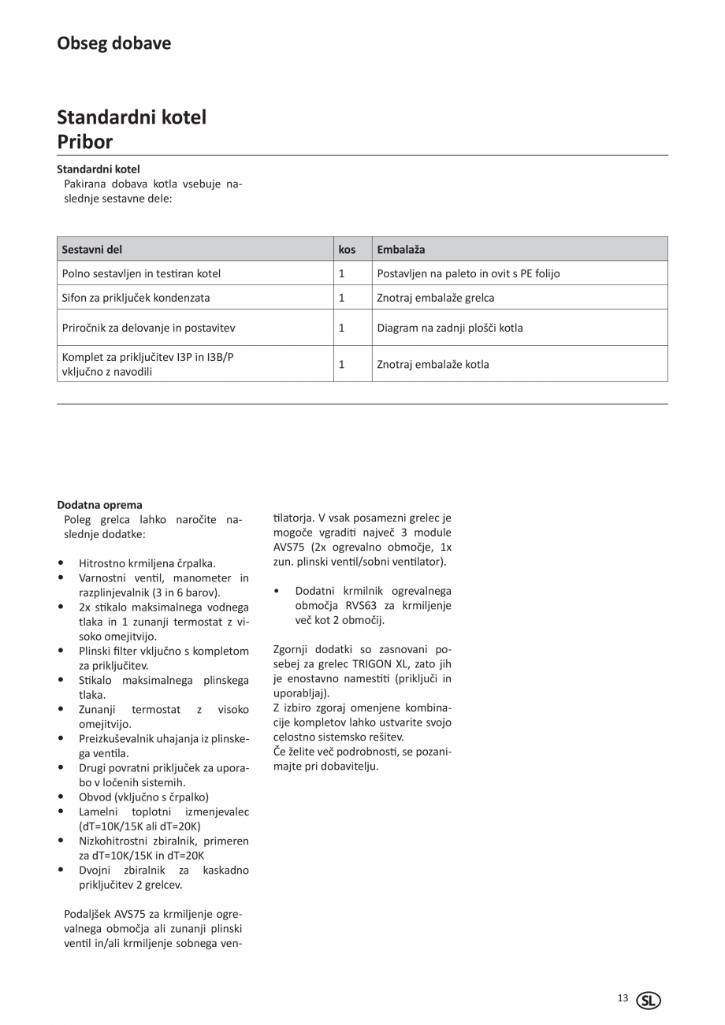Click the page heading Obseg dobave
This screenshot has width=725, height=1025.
coord(113,43)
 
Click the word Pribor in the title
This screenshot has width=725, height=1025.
coord(84,142)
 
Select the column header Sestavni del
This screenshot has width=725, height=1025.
coord(91,250)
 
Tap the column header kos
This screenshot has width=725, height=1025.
coord(347,250)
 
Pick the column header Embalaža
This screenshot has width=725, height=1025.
coord(400,250)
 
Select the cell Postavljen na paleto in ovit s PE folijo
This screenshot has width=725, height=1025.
coord(468,273)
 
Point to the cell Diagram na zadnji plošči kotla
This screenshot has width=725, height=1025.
coord(449,328)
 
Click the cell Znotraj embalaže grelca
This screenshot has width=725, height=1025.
coord(435,298)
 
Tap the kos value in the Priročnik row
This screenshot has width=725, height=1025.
coord(342,328)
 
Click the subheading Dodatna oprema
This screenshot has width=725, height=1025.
coord(99,505)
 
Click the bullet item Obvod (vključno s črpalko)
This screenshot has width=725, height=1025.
coord(143,797)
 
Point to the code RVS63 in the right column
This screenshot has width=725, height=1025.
coord(362,606)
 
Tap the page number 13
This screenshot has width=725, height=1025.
coord(623,998)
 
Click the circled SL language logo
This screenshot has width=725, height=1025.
coord(649,1001)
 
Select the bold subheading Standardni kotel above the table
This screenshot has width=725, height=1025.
coord(98,169)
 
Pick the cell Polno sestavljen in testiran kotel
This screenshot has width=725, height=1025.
coord(141,273)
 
